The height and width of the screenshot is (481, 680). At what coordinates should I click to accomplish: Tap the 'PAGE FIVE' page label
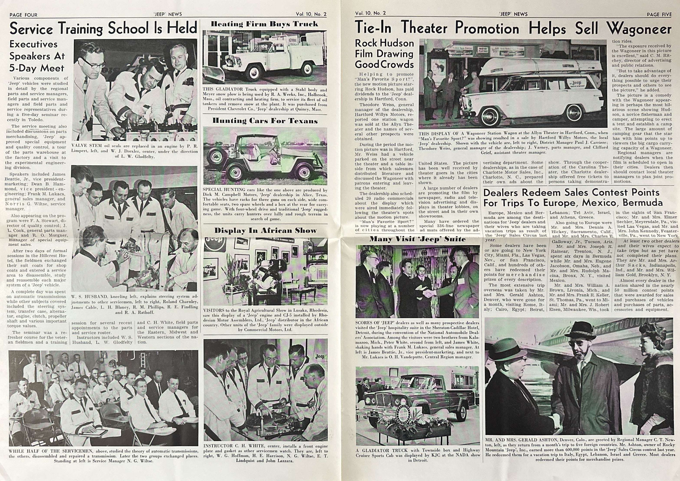(x=659, y=14)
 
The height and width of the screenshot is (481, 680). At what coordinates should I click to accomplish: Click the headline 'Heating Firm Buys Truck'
(x=264, y=24)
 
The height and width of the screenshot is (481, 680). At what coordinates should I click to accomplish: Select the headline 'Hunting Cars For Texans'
(x=265, y=121)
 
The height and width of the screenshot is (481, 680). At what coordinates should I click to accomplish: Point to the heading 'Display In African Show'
(x=265, y=231)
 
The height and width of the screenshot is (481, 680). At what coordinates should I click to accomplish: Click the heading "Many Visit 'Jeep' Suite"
(x=417, y=239)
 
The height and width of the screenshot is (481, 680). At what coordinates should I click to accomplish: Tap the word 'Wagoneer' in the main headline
(x=639, y=29)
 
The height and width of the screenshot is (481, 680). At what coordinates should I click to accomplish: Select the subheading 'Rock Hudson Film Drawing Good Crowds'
(x=384, y=54)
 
